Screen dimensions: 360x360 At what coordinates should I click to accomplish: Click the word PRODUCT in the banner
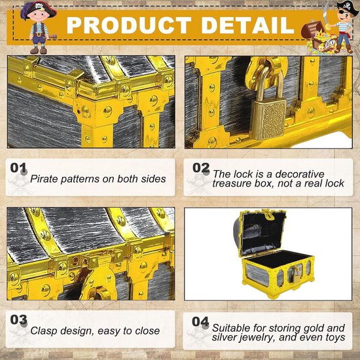pos(129,26)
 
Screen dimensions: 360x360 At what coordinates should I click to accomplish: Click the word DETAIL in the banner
pos(248,26)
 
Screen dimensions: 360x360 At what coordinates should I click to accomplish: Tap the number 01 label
pos(18,168)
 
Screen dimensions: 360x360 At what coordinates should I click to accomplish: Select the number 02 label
pos(201,168)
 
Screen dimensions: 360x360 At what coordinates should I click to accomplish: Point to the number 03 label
pos(18,320)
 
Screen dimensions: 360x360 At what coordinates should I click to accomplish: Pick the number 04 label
pos(200,321)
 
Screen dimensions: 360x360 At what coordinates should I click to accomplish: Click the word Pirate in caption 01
pos(44,179)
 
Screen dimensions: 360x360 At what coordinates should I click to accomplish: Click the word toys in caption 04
pos(336,338)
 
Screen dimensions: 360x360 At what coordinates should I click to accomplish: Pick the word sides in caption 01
pos(153,179)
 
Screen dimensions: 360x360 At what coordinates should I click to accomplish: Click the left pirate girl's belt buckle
pos(39,35)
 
